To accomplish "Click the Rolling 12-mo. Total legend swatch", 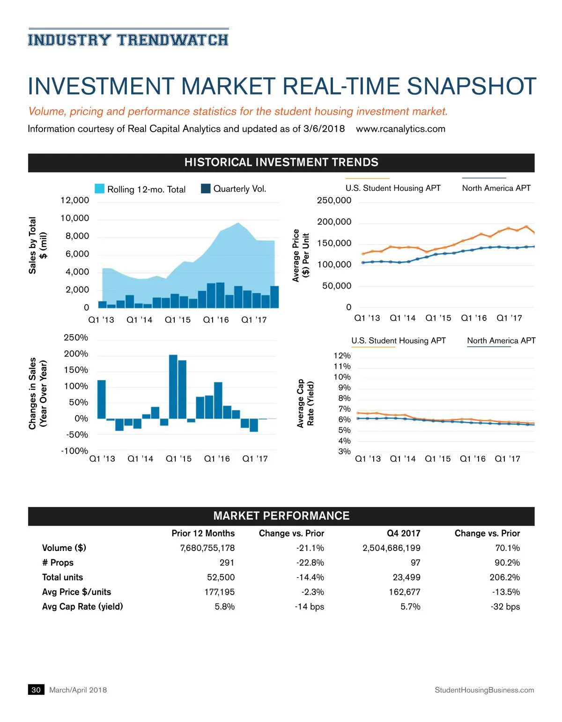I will [99, 188].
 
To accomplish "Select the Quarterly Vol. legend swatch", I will [206, 188].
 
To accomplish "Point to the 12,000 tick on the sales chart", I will [74, 201].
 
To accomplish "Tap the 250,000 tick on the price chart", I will [334, 201].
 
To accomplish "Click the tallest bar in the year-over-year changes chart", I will [173, 387].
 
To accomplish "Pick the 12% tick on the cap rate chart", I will [342, 356].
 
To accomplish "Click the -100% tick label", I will [74, 451].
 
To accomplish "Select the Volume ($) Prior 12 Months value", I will [207, 548].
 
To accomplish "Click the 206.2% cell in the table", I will [504, 577].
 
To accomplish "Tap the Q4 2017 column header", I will [403, 533].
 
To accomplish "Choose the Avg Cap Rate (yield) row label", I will [82, 606].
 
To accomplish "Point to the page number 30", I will [36, 690].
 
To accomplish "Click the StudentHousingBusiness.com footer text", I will [484, 690].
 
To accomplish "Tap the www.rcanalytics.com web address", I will [400, 129].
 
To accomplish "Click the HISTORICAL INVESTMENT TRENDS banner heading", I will [281, 163].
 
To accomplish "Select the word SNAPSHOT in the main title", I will [471, 87].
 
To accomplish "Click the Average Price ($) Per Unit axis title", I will [301, 255].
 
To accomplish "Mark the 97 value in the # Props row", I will [415, 562].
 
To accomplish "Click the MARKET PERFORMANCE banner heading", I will [281, 516].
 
